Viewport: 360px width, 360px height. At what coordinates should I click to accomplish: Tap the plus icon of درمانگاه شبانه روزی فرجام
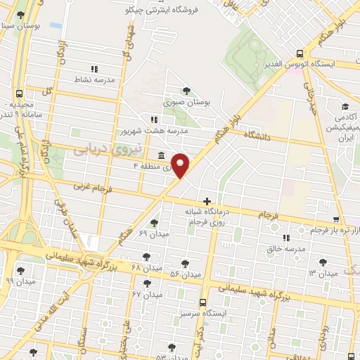click(x=206, y=202)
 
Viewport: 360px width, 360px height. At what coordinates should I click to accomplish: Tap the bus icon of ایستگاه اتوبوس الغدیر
click(x=300, y=53)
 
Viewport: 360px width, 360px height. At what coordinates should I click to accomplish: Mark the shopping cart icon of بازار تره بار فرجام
click(x=337, y=219)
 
